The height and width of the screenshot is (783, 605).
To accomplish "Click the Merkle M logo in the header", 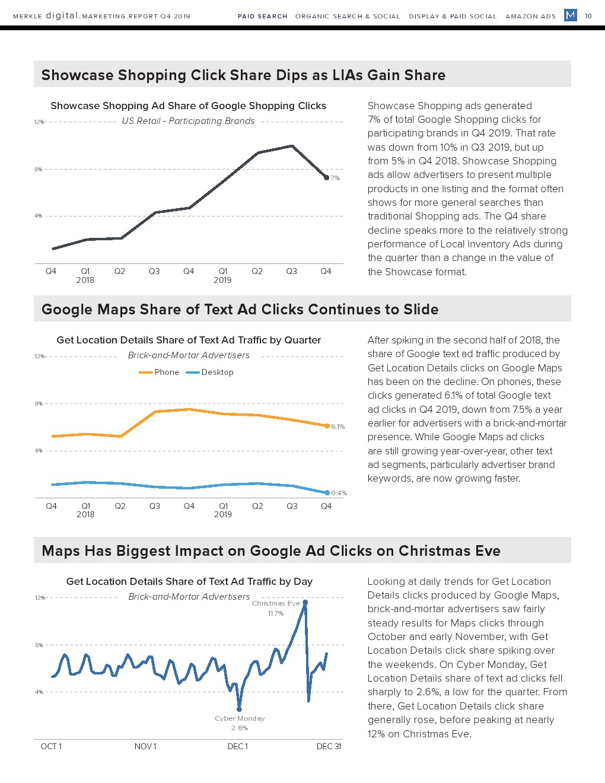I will click(x=571, y=15).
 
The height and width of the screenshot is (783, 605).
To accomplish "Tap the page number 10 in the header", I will click(x=588, y=16).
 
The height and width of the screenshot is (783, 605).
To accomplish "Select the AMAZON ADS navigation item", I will click(x=530, y=16).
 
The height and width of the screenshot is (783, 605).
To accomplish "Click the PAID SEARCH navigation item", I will click(x=262, y=16).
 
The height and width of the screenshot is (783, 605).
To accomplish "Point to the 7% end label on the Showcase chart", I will click(x=336, y=178).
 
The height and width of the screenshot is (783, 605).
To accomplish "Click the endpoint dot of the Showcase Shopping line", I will click(x=326, y=177).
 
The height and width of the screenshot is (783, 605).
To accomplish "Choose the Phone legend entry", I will click(x=159, y=373).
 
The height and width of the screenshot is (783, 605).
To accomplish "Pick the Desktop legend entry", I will click(x=210, y=373).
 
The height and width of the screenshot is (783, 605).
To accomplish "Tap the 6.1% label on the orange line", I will click(x=338, y=426).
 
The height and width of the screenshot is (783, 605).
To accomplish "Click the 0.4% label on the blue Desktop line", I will click(x=339, y=493).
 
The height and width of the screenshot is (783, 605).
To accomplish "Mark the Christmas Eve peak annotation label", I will click(x=276, y=603).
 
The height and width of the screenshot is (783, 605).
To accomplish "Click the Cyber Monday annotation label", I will click(x=240, y=718).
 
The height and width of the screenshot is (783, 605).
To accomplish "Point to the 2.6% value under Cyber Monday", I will click(x=240, y=728).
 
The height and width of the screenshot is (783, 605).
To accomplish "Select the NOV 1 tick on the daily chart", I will click(x=145, y=746).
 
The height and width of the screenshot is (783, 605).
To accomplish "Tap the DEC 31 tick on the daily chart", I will click(x=329, y=746).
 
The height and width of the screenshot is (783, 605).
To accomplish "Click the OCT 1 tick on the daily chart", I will click(x=51, y=746).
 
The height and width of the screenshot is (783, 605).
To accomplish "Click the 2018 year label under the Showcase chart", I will click(x=85, y=280).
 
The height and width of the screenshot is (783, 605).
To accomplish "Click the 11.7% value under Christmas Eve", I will click(x=276, y=613).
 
